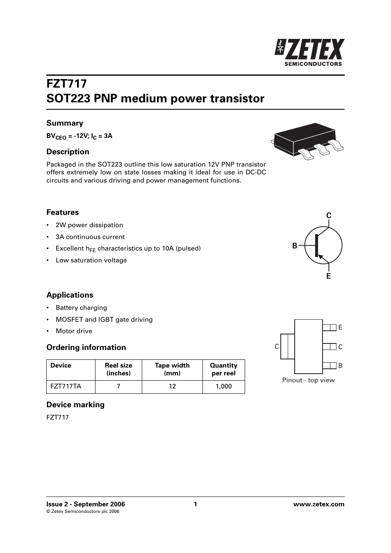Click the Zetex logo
coord(310,52)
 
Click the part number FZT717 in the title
coord(66,84)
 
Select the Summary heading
coord(65,123)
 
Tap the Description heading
coord(68,152)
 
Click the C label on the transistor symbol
coord(329,216)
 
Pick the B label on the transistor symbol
coord(295,246)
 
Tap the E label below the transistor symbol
coord(328,276)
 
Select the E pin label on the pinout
coord(340,327)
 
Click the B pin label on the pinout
coord(340,366)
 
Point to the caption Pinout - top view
coord(308,380)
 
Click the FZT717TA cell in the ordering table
coord(66,386)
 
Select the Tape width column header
coord(172,369)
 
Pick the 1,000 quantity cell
coord(224,386)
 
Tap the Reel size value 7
coord(118,386)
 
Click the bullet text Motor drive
coord(74,331)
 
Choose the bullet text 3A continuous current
coord(90,237)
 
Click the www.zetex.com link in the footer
coord(319,504)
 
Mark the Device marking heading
coord(75,405)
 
